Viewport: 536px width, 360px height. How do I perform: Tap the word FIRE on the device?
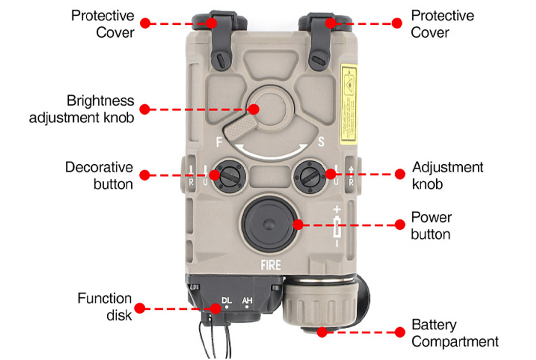point(270,265)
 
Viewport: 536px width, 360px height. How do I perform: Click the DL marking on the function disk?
point(227,300)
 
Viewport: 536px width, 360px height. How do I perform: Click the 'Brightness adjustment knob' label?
point(82,109)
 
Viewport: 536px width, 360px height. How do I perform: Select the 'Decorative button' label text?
point(99,175)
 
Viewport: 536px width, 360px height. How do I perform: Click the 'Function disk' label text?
point(105,306)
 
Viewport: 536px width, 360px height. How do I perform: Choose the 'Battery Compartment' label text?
point(455,333)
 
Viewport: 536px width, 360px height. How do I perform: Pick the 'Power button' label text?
point(431,225)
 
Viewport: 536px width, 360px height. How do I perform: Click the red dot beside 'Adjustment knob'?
point(400,174)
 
